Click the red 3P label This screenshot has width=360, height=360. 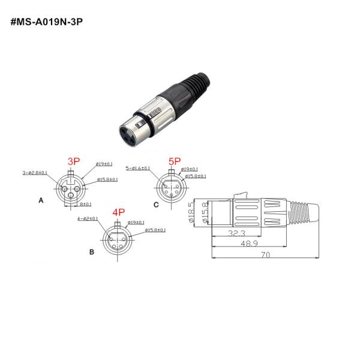(74, 161)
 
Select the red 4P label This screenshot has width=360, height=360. (118, 212)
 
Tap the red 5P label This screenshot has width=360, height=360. (175, 161)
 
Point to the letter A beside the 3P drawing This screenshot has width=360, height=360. (41, 201)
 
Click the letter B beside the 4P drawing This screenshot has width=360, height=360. (91, 252)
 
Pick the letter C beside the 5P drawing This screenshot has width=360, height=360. (156, 205)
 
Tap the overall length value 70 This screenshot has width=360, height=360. (265, 255)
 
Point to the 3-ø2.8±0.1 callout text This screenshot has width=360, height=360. (34, 172)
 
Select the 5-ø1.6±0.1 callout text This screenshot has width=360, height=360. (137, 169)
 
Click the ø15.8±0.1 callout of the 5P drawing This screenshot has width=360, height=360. (194, 176)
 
